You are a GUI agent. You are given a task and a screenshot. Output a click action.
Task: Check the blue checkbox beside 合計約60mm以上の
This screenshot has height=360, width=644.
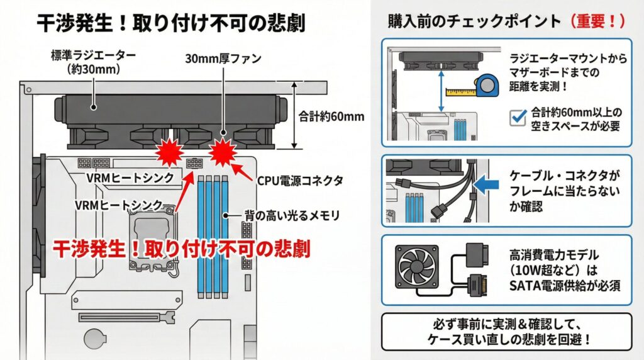point(517,118)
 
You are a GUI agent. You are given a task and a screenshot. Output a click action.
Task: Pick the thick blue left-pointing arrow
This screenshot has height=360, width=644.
point(486,184)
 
